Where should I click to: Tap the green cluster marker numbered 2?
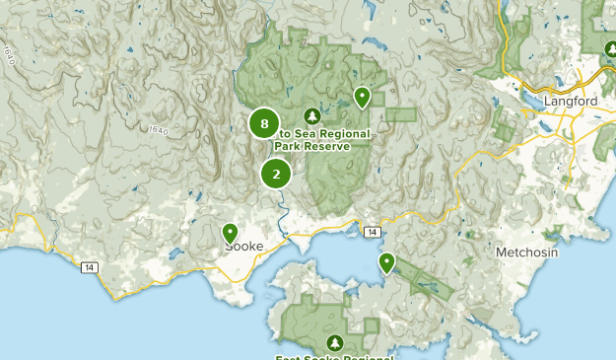[x=276, y=175]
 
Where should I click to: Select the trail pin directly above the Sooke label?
[x=230, y=233]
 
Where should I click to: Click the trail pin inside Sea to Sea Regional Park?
[x=362, y=97]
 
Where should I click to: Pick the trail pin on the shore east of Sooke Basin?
[x=386, y=262]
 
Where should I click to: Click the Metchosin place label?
[x=526, y=252]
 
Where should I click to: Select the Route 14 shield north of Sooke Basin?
[x=371, y=231]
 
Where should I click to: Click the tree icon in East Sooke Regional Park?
[x=335, y=342]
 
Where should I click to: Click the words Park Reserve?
[x=311, y=147]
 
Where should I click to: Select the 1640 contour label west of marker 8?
[x=159, y=129]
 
